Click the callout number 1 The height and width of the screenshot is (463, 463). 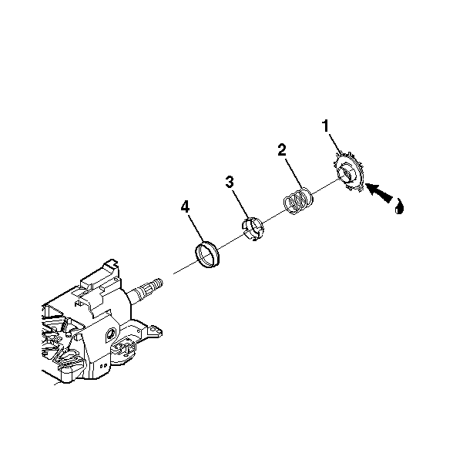[325, 126]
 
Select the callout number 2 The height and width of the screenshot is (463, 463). [282, 149]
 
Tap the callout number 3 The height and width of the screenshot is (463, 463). [230, 182]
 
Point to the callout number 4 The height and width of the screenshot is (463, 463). [185, 206]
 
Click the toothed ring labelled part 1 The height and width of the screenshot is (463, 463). [350, 172]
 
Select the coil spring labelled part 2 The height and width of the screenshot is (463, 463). [298, 200]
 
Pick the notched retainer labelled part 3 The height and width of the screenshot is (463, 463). [253, 229]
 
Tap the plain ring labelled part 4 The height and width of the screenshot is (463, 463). [207, 254]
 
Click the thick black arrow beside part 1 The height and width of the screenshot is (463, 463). [379, 193]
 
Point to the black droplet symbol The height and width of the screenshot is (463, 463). [399, 206]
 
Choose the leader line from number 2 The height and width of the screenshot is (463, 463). [294, 173]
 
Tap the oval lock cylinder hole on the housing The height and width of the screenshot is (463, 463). [111, 334]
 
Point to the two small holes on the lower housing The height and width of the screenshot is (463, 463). [103, 366]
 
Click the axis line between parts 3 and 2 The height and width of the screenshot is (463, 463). [273, 216]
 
